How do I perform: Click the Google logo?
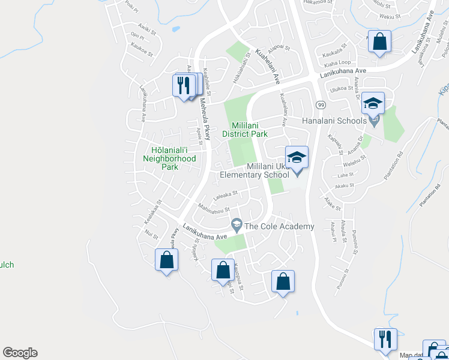[x=20, y=353]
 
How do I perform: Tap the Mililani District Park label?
[x=245, y=130]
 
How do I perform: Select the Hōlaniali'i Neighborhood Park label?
[x=169, y=154]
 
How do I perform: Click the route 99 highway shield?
[x=321, y=104]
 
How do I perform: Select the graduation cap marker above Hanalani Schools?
[x=373, y=103]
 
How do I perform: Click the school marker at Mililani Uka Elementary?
[x=297, y=158]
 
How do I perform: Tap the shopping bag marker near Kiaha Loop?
[x=379, y=43]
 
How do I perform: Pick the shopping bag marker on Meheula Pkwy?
[x=166, y=261]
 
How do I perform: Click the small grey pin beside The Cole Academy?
[x=237, y=225]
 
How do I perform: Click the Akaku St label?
[x=345, y=186]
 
